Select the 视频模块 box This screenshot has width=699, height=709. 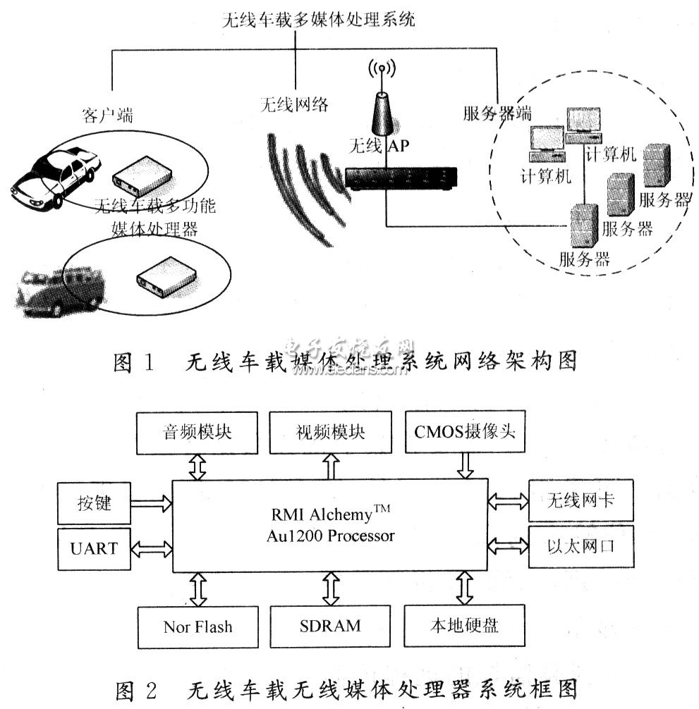tap(330, 432)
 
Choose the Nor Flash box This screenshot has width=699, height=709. tap(197, 627)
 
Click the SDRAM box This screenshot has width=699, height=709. tap(330, 627)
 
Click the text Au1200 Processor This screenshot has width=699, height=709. tap(329, 536)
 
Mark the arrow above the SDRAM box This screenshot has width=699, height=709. tap(330, 587)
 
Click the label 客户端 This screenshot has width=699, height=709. tap(97, 114)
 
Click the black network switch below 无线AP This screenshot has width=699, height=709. tap(401, 180)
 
